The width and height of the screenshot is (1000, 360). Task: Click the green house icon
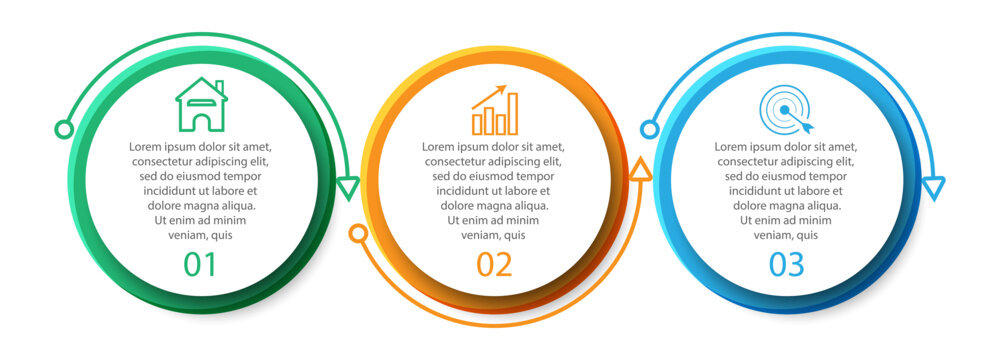point(201,105)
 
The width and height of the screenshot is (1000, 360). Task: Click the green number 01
point(200,265)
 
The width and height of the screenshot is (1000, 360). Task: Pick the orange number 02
point(494,265)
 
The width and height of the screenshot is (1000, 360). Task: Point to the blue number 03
point(786,265)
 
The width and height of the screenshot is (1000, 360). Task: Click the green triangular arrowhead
point(347,188)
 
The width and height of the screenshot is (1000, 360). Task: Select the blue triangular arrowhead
point(933,188)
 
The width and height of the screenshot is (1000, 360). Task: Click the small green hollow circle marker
point(63,129)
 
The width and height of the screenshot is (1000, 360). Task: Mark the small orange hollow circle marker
point(357,234)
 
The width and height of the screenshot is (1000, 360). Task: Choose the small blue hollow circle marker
point(649,129)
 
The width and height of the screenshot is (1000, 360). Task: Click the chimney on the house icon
point(219,87)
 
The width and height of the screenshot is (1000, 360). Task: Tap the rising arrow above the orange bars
point(490,96)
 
